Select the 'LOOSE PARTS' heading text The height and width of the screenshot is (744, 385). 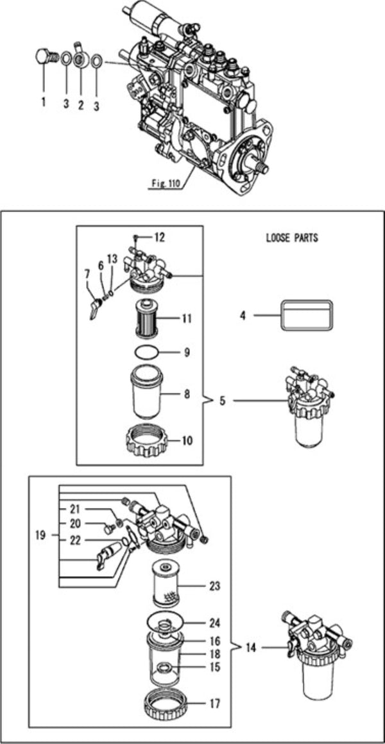292,238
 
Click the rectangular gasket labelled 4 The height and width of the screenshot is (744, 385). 306,315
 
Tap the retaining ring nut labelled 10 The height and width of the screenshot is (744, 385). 154,441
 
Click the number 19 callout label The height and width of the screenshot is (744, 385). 40,534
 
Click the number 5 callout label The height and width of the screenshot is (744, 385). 223,402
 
